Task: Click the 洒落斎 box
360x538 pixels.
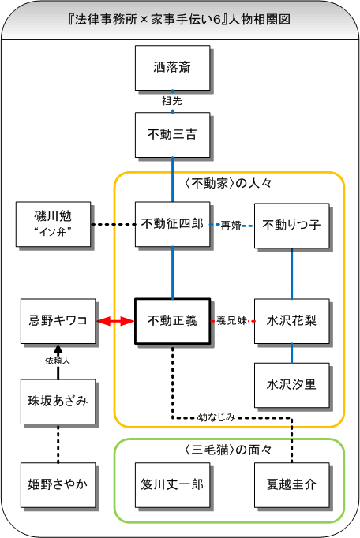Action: pos(172,68)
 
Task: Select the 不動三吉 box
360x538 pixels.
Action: pos(172,135)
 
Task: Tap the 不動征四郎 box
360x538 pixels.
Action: pos(172,224)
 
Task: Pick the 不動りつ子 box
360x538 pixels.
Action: pos(291,226)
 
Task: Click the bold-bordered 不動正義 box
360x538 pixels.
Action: pos(172,321)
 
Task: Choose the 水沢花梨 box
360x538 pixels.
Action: pos(291,321)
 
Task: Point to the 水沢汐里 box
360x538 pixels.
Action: pos(291,385)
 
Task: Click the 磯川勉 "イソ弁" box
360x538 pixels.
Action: pos(53,224)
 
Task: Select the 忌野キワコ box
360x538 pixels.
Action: pos(58,321)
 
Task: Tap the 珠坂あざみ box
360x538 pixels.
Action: pos(58,402)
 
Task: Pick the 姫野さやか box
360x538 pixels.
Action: pos(58,485)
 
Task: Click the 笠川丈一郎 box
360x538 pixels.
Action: pos(172,485)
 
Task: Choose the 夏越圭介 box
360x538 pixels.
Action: pos(291,485)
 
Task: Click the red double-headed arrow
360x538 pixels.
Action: pos(115,321)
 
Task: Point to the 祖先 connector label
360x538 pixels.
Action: pos(172,101)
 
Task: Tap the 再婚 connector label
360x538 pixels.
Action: pos(231,226)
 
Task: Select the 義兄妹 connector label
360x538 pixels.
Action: pos(232,321)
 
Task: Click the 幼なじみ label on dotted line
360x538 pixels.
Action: pos(216,417)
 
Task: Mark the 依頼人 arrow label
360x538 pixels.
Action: pos(58,361)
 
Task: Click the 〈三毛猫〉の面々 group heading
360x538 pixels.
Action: pos(228,450)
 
